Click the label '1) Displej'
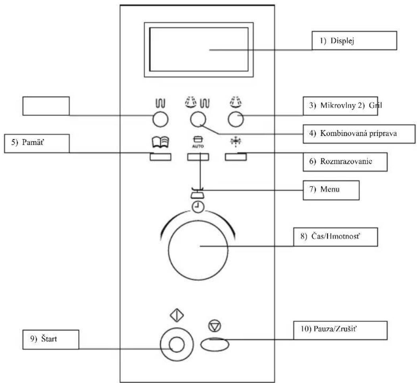pos(337,41)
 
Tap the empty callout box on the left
pos(46,106)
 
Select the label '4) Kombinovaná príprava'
pos(353,133)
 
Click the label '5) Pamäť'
pos(27,142)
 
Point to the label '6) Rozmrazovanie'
pos(340,162)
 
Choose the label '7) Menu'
pos(324,189)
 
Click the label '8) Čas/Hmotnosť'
pos(330,236)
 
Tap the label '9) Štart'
pos(43,339)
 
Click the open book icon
pos(160,142)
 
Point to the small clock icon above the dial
pos(198,207)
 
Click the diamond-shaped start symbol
pos(177,316)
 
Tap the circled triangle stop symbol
pos(215,326)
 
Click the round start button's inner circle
pos(177,345)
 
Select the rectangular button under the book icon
pos(160,157)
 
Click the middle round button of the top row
pos(198,119)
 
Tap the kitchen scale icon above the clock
pos(198,193)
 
